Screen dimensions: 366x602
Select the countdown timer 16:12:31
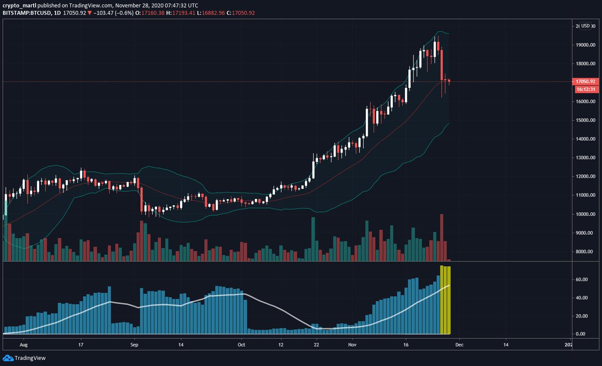point(585,89)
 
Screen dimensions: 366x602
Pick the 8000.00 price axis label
point(585,252)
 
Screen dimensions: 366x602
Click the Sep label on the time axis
point(134,345)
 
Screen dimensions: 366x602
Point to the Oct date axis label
point(241,345)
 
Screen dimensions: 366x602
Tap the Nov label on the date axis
point(352,345)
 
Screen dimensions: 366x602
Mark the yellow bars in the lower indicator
point(445,300)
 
